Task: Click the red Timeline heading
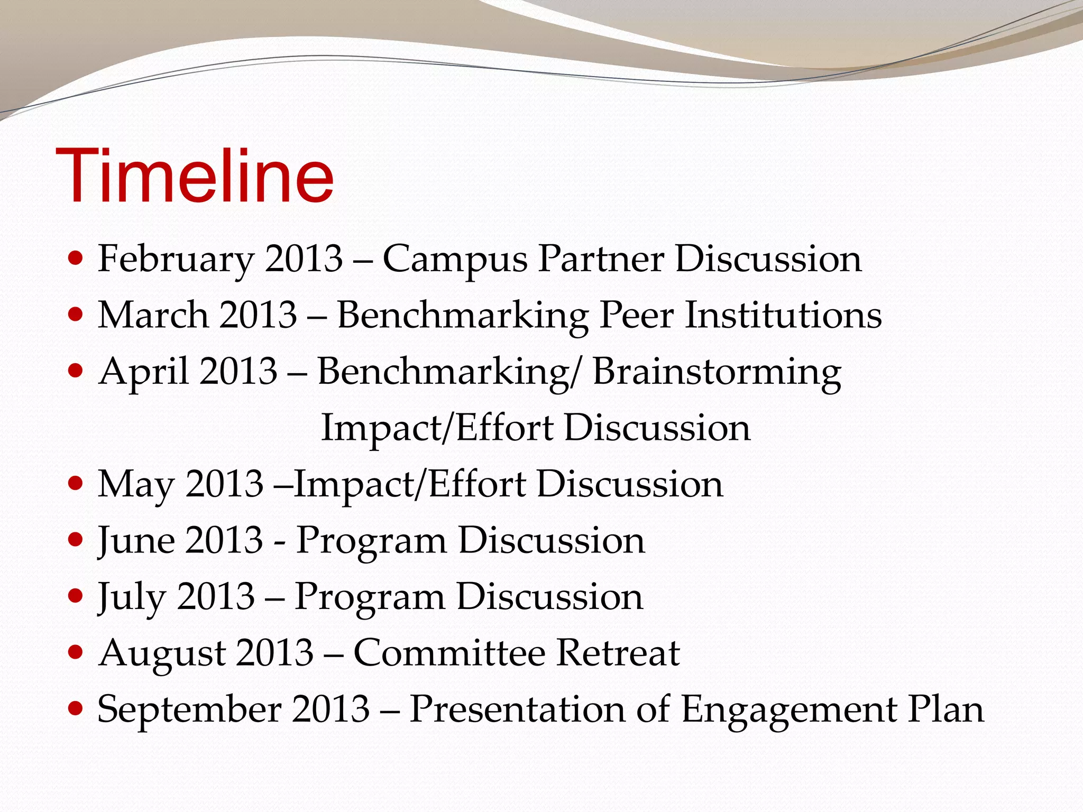coord(195,176)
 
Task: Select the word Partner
coord(601,259)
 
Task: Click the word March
coord(153,316)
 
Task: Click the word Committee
coord(449,653)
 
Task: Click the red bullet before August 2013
coord(76,652)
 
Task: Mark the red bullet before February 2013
coord(76,259)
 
